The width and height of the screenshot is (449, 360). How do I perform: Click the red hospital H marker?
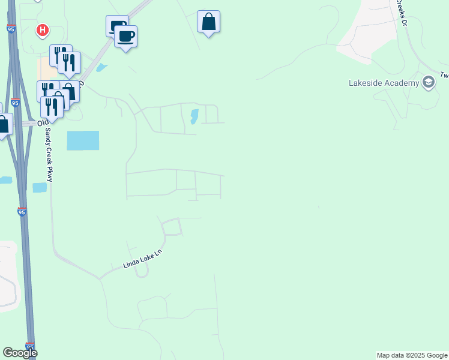coord(42,29)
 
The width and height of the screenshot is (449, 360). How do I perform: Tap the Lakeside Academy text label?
coord(384,83)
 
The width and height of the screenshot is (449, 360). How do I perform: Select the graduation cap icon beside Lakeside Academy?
coord(429,82)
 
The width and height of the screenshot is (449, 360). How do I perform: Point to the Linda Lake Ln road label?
coord(143,259)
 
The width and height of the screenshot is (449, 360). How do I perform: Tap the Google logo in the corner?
coord(20,353)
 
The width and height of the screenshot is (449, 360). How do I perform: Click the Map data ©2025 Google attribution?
coord(412,355)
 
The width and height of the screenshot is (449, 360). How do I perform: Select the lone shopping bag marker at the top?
coord(208,22)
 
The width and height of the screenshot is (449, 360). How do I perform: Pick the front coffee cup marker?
coord(126,37)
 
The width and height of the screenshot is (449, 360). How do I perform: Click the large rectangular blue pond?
coord(83,140)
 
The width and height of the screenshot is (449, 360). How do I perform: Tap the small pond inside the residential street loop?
coord(194,116)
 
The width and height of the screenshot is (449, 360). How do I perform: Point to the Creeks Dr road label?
coord(401,13)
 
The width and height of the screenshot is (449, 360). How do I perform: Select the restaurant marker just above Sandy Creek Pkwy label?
coord(52,106)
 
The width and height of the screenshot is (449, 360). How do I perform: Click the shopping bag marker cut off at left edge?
coord(4,125)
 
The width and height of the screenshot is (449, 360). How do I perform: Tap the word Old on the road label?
coord(42,123)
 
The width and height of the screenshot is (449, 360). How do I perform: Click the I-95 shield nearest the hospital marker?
coord(11,28)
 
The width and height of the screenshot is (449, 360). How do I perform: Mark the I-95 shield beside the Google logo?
coord(31,346)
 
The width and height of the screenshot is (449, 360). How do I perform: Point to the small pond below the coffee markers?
coord(102,68)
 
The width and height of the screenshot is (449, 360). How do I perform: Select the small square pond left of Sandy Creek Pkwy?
coord(40,188)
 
